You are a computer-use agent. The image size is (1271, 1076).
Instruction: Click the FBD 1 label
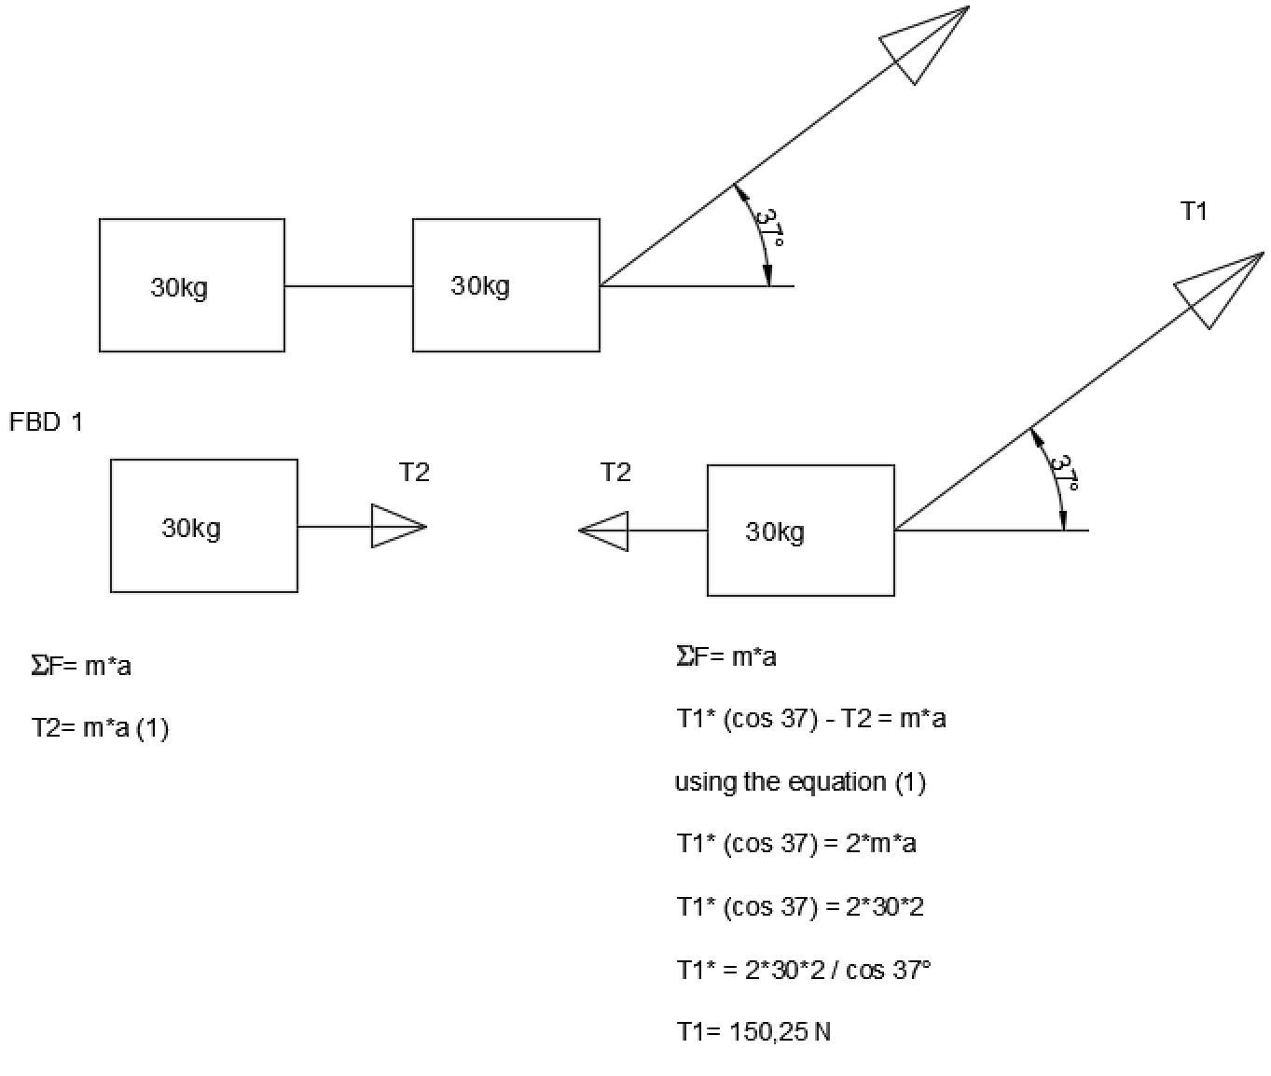click(47, 422)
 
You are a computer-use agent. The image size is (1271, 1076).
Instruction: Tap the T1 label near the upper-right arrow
click(1194, 212)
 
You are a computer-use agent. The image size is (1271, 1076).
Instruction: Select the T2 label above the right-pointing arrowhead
click(414, 473)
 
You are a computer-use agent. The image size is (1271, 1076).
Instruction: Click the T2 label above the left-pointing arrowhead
click(615, 473)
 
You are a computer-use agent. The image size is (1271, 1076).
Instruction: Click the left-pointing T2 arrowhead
click(605, 531)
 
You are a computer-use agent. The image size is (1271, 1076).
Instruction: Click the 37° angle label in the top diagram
click(769, 228)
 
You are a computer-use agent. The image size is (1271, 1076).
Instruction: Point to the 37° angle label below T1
click(1064, 473)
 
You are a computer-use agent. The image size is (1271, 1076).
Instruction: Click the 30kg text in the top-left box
click(179, 287)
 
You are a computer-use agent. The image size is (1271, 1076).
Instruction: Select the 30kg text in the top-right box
click(480, 285)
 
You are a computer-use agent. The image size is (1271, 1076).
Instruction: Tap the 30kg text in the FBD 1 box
click(191, 528)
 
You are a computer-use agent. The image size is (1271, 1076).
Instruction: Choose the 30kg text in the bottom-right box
click(775, 531)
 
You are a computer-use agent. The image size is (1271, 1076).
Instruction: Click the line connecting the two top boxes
click(349, 286)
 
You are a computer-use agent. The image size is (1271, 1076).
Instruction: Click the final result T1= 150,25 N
click(753, 1032)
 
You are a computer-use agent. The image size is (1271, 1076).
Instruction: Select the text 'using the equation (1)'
click(800, 781)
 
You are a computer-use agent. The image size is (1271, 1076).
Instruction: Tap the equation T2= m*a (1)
click(100, 727)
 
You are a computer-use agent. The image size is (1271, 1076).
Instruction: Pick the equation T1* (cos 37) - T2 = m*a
click(811, 719)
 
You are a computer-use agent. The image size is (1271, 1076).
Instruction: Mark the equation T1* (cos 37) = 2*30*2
click(800, 906)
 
